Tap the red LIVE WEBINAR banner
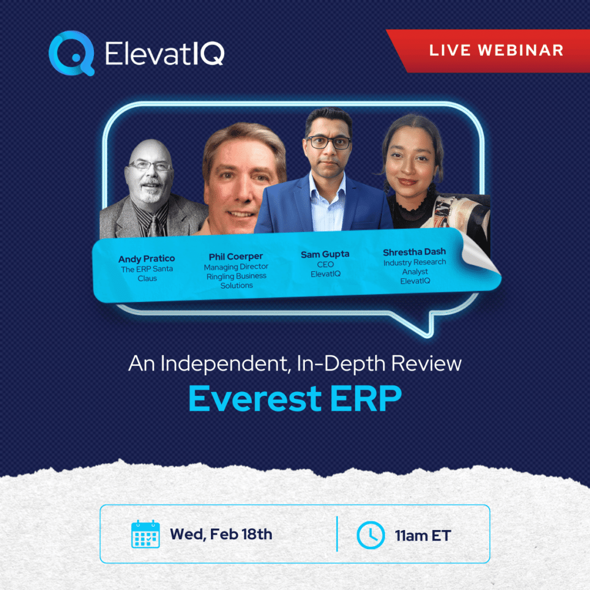pos(496,50)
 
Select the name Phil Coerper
pos(236,257)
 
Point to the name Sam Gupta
pos(325,254)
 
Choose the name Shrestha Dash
pos(414,252)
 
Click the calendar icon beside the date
pos(145,534)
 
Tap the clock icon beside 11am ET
pos(370,535)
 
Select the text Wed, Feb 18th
pos(221,534)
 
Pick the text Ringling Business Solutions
pos(236,281)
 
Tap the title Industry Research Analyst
pos(414,267)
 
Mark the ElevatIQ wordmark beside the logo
pos(165,54)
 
